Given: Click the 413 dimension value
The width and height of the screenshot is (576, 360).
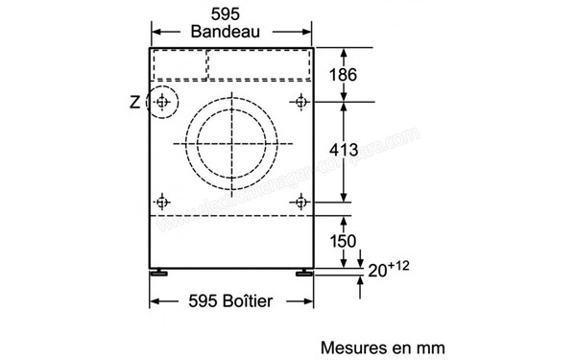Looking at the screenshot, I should click(343, 150).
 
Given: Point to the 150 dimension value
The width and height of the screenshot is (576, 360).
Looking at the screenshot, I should click(343, 240).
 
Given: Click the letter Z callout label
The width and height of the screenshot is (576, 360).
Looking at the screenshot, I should click(132, 100).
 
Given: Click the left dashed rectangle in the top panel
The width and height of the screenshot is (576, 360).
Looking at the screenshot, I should click(180, 63).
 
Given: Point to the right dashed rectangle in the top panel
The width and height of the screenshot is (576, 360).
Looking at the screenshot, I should click(259, 63).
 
